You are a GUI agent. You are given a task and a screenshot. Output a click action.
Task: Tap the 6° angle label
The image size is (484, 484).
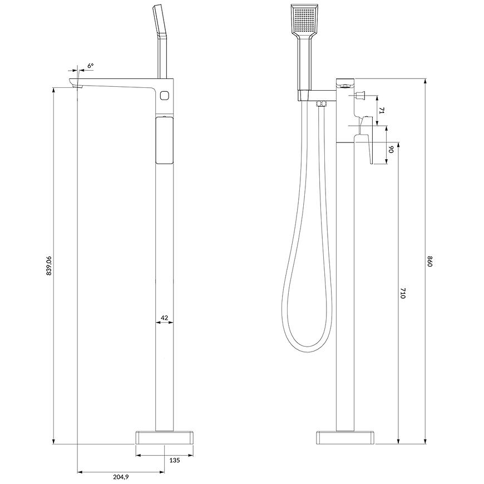point(90,66)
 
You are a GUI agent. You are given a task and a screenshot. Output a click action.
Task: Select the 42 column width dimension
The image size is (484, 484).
point(165,317)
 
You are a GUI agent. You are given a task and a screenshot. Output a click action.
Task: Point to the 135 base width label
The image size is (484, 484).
point(174,460)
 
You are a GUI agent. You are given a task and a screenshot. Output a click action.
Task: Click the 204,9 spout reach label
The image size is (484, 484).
point(121,477)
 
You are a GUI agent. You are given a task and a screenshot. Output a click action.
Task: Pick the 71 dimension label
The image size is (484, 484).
point(382,111)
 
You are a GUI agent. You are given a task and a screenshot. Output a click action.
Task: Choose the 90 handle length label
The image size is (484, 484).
point(391,150)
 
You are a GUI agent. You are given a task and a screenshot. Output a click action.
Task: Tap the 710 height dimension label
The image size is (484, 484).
point(403,293)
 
